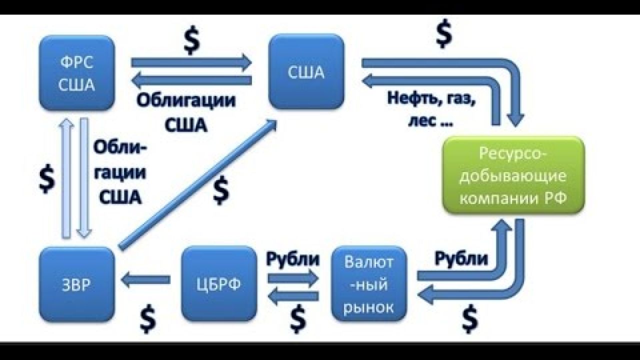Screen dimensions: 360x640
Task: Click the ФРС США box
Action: click(76, 73)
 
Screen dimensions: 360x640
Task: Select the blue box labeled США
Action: click(306, 73)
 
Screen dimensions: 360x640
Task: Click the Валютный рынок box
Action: click(369, 283)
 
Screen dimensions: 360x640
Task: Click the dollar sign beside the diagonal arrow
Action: click(221, 190)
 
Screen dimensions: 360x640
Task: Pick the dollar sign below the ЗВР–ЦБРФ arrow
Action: click(147, 318)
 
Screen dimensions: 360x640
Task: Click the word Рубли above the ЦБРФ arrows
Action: click(293, 259)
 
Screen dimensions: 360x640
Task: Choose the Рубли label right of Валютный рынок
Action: click(460, 258)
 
